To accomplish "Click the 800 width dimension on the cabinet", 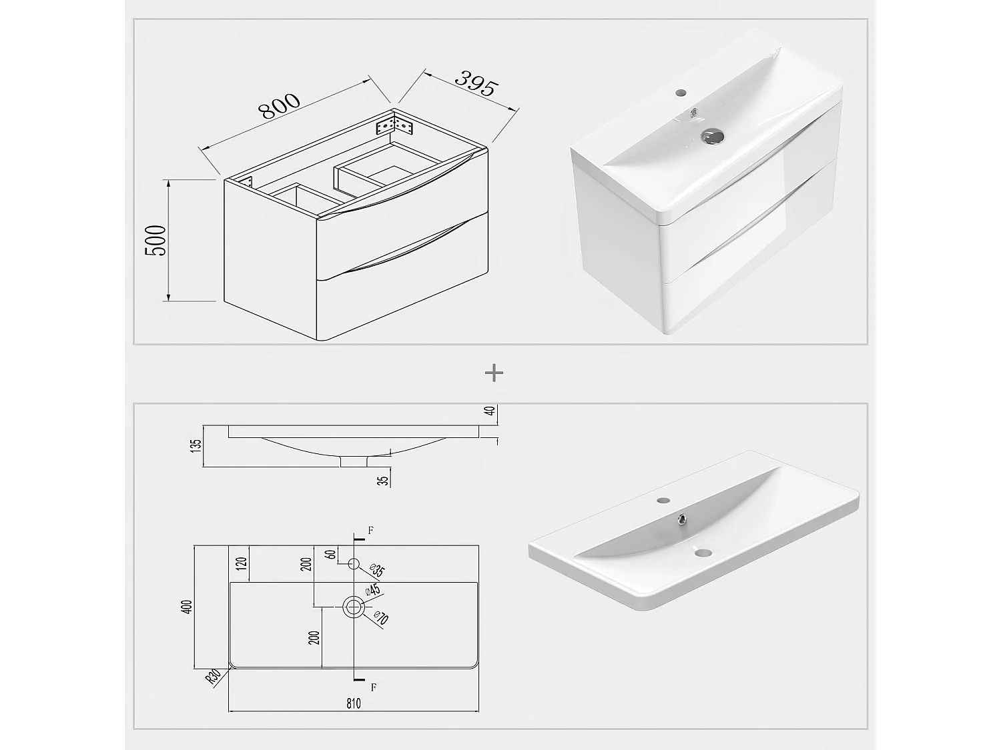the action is pyautogui.click(x=279, y=106).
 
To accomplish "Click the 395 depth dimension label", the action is pyautogui.click(x=476, y=83).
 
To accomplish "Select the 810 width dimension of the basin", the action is pyautogui.click(x=354, y=703).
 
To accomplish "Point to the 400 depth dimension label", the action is pyautogui.click(x=187, y=607).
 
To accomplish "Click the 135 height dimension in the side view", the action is pyautogui.click(x=196, y=445).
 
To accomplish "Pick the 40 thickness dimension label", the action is pyautogui.click(x=490, y=411).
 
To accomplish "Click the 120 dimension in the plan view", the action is pyautogui.click(x=242, y=564).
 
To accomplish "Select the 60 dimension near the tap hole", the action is pyautogui.click(x=332, y=554).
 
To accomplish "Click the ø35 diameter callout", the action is pyautogui.click(x=378, y=570).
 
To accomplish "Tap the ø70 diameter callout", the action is pyautogui.click(x=381, y=618).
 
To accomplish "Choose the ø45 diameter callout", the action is pyautogui.click(x=372, y=590).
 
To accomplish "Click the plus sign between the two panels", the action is pyautogui.click(x=494, y=373).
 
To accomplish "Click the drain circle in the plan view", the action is pyautogui.click(x=354, y=607).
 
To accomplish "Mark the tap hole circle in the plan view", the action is pyautogui.click(x=354, y=564).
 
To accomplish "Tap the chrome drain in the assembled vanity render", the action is pyautogui.click(x=711, y=135).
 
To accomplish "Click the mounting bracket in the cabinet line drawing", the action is pyautogui.click(x=394, y=125).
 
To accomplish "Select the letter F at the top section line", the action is pyautogui.click(x=371, y=530).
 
